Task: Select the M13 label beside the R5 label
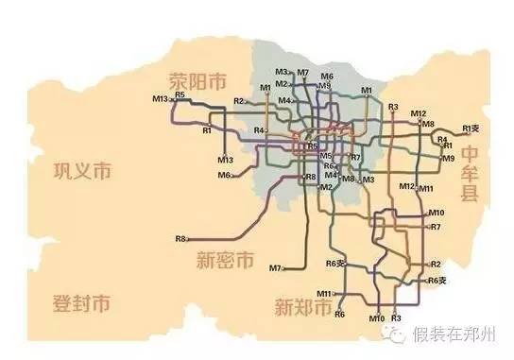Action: tap(160, 98)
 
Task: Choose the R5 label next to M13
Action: tap(180, 95)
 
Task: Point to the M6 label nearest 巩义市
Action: tap(224, 175)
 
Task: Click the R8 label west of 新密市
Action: tap(180, 238)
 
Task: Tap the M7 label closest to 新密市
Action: tap(275, 268)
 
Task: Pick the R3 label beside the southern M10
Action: tap(396, 317)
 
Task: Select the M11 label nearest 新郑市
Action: tap(324, 294)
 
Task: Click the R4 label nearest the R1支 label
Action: tap(441, 139)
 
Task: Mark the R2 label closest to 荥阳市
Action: tap(238, 101)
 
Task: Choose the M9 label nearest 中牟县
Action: tap(449, 158)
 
